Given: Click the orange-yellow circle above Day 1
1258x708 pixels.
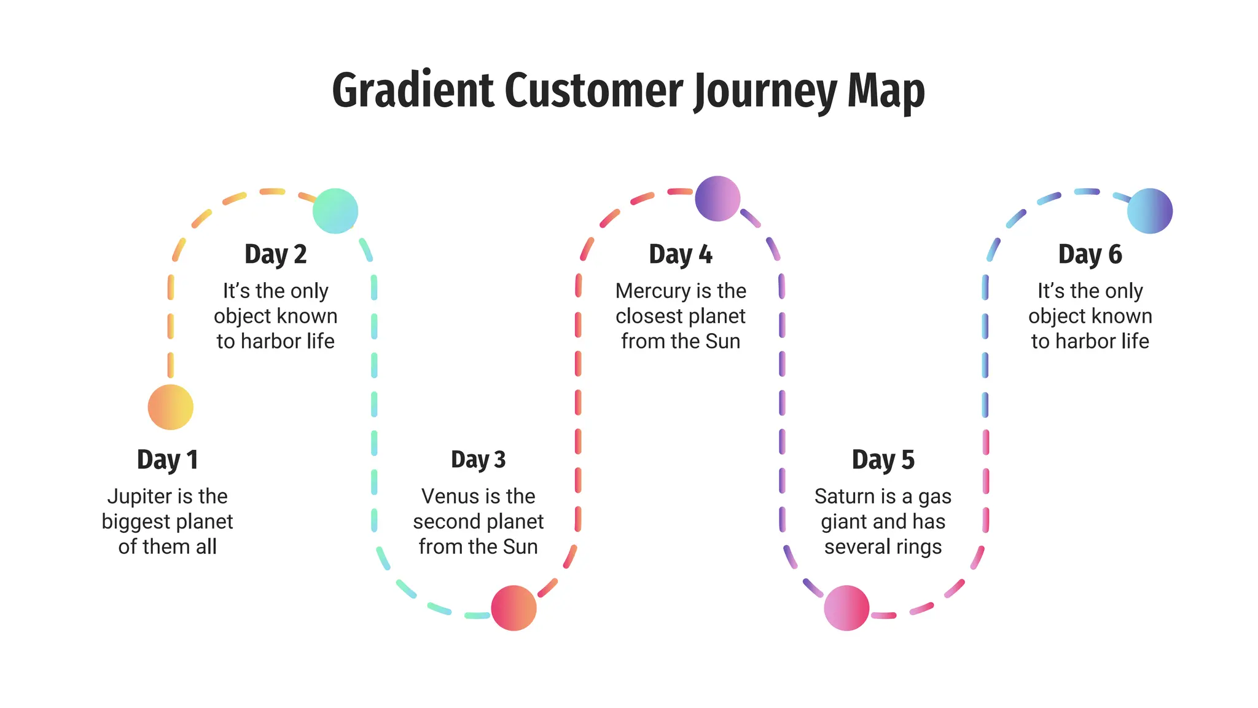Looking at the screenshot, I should pyautogui.click(x=170, y=407).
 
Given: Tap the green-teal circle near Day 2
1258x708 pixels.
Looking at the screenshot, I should pyautogui.click(x=335, y=211).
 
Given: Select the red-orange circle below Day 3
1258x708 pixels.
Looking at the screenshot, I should pyautogui.click(x=514, y=608).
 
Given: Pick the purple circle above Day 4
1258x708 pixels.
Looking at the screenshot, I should pyautogui.click(x=717, y=199).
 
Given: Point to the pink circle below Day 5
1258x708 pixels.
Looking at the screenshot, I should pyautogui.click(x=846, y=608).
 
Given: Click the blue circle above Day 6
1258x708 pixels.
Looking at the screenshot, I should pyautogui.click(x=1150, y=211).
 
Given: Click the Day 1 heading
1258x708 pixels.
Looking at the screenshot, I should pyautogui.click(x=167, y=460).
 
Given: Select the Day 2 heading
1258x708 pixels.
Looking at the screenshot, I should pyautogui.click(x=275, y=254).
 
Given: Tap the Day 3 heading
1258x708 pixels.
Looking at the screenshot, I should pyautogui.click(x=478, y=460).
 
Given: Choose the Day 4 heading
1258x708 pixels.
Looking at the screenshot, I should pyautogui.click(x=681, y=254).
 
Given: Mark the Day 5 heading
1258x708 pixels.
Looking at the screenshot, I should pyautogui.click(x=883, y=460).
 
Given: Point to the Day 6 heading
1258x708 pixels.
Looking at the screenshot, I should pyautogui.click(x=1090, y=254).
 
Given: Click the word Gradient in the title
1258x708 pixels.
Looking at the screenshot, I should pyautogui.click(x=413, y=91).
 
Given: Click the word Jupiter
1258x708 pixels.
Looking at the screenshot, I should pyautogui.click(x=136, y=497).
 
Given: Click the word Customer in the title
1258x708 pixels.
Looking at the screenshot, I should pyautogui.click(x=593, y=91).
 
